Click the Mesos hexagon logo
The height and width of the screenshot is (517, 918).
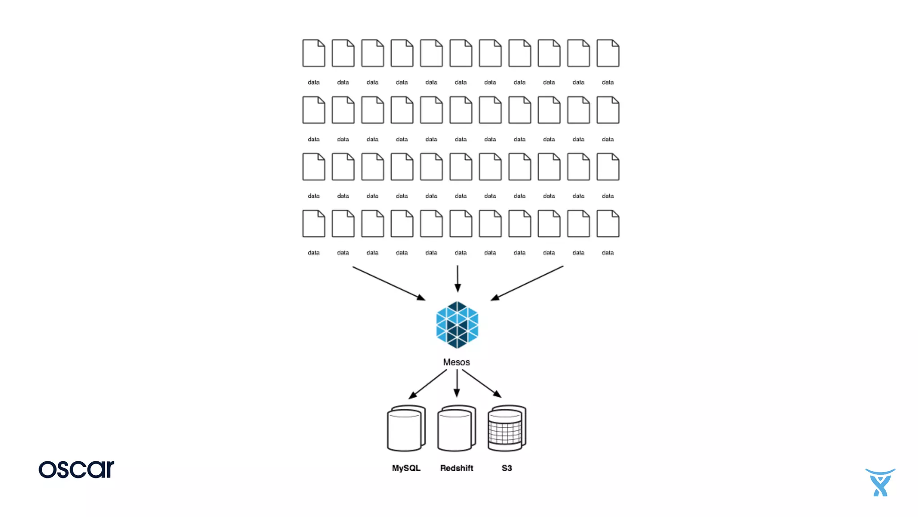point(457,325)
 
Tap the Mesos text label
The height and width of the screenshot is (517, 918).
point(456,362)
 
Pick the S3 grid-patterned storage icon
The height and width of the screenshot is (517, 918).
point(507,429)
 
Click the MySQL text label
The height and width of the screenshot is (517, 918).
point(406,468)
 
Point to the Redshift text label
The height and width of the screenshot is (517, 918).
point(456,468)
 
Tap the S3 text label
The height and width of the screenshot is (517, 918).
point(507,468)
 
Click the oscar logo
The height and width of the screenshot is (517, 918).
point(76,469)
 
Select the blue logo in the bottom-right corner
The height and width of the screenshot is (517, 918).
point(880,482)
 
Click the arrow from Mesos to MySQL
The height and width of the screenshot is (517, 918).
point(428,384)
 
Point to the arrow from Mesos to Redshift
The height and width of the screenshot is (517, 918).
point(457,383)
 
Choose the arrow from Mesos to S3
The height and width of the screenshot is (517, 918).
point(482,384)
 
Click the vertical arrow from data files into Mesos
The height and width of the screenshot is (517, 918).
point(457,279)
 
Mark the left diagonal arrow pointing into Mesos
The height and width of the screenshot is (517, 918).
point(389,283)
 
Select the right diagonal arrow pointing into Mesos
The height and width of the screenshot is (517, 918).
point(527,283)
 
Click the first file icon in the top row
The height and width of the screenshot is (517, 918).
point(313,53)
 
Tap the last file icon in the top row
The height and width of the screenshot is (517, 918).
point(608,53)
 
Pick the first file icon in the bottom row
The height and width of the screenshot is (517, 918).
point(313,223)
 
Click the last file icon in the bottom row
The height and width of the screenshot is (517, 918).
point(608,223)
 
